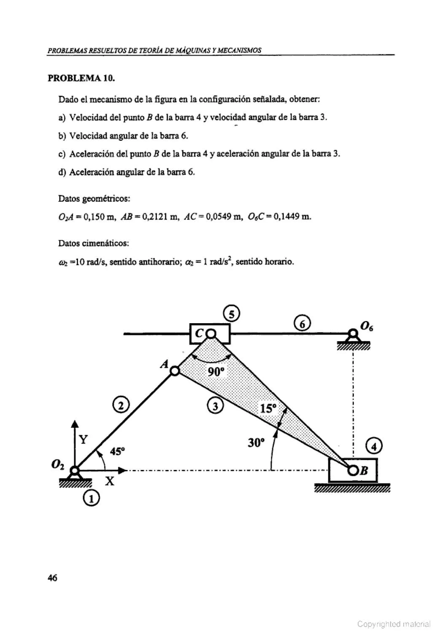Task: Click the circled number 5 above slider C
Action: point(232,314)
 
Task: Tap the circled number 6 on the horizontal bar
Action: point(302,325)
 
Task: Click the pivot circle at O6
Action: point(352,333)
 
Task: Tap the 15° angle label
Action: point(268,408)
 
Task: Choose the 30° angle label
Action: point(256,443)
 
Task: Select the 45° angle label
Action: point(117,452)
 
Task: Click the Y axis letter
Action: point(83,440)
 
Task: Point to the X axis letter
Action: point(110,481)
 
